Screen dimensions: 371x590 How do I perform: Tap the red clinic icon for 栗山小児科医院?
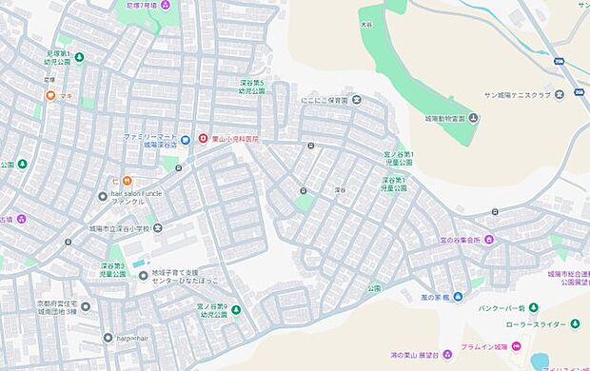point(202,139)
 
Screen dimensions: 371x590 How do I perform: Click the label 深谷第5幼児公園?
point(252,88)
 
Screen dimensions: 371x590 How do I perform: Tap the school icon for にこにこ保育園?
point(357,101)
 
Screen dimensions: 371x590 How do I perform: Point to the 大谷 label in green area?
point(365,22)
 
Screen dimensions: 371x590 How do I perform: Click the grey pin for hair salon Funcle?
point(103,197)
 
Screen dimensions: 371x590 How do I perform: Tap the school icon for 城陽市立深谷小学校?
point(157,228)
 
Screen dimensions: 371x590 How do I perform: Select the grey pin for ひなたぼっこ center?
point(144,276)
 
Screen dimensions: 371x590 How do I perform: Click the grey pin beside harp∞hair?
point(108,337)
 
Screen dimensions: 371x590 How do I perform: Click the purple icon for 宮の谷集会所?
point(489,240)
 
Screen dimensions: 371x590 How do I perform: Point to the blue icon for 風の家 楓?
point(459,296)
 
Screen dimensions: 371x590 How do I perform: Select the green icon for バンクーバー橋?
point(533,307)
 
